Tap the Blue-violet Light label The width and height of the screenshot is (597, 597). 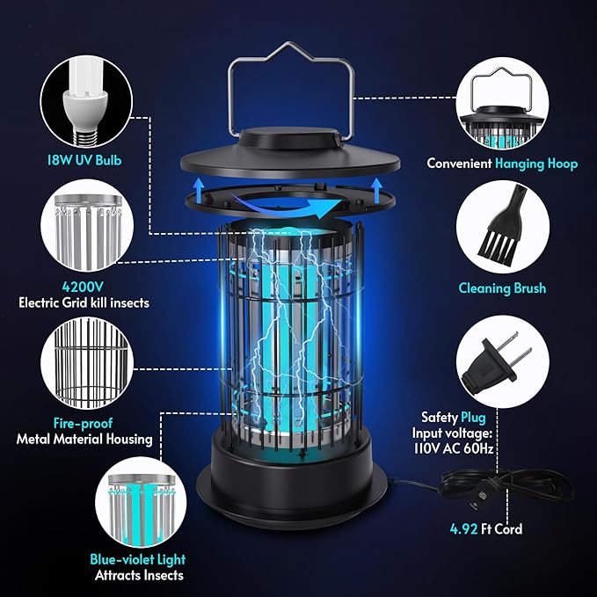click(139, 559)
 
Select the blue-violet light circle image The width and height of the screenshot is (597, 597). click(139, 502)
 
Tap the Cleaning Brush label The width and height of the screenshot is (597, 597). click(502, 288)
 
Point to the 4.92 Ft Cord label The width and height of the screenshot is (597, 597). click(484, 529)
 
